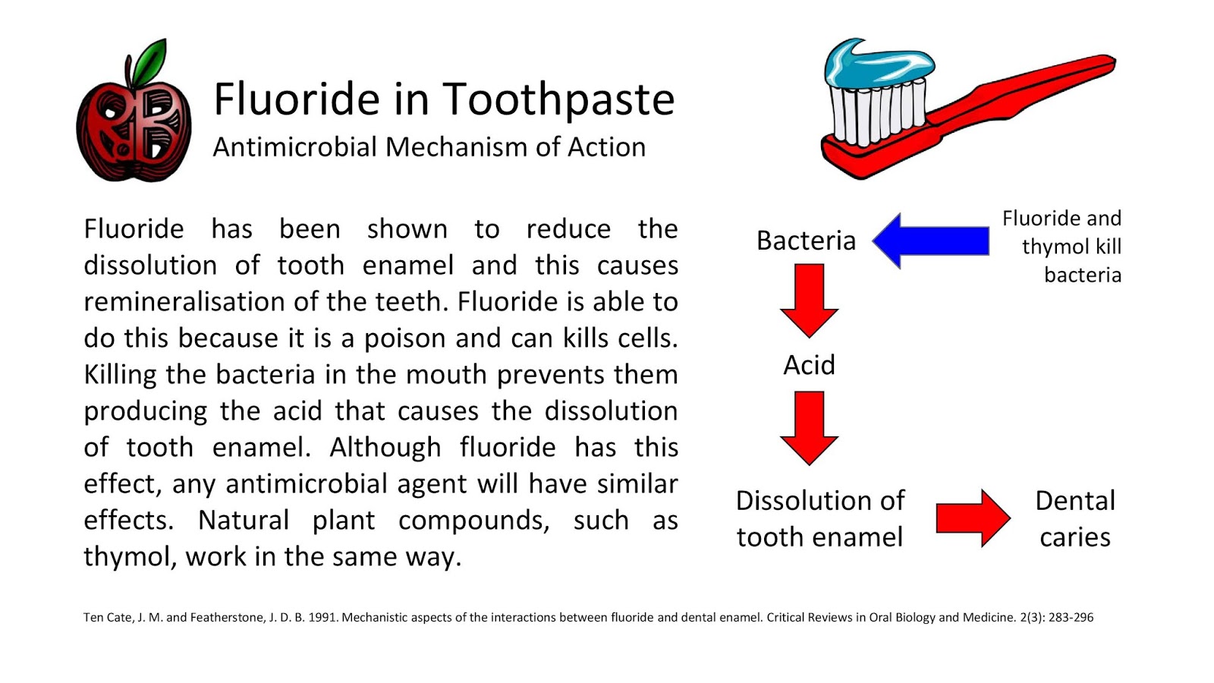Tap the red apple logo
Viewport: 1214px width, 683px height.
(134, 133)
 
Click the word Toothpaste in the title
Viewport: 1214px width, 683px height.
(558, 99)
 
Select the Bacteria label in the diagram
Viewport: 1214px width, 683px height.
(806, 241)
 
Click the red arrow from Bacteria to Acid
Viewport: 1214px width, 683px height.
(809, 299)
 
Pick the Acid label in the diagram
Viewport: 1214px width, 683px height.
(809, 365)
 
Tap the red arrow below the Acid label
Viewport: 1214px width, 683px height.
(809, 426)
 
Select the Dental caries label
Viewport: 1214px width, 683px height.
(1074, 518)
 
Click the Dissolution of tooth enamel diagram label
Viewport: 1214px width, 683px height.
(819, 518)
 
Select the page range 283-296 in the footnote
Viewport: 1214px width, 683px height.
(1071, 617)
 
